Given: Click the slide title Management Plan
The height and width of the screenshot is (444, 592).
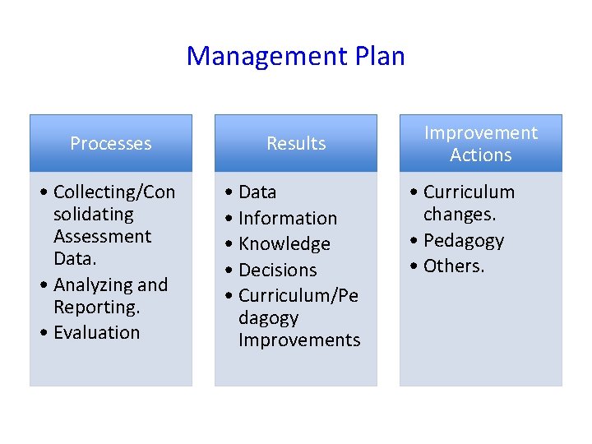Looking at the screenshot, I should pyautogui.click(x=295, y=56).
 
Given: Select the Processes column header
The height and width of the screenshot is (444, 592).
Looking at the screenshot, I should pyautogui.click(x=111, y=143).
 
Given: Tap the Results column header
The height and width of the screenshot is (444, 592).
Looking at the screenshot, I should pyautogui.click(x=296, y=143).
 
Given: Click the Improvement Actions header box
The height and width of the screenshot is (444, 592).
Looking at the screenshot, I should pyautogui.click(x=481, y=143).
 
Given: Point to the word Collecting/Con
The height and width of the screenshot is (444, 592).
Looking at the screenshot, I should pyautogui.click(x=113, y=192).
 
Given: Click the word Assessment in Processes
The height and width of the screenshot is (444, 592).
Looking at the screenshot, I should pyautogui.click(x=102, y=237).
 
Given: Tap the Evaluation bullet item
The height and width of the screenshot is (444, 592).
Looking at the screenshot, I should pyautogui.click(x=96, y=333).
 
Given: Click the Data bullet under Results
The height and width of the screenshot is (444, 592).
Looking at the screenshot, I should pyautogui.click(x=257, y=192).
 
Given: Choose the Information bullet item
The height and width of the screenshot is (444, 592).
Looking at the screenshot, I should pyautogui.click(x=287, y=219).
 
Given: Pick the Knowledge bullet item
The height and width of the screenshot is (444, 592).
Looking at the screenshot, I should pyautogui.click(x=284, y=244).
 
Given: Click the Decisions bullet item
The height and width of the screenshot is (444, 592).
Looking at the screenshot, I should pyautogui.click(x=277, y=271).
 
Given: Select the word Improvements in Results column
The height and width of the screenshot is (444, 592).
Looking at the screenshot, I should pyautogui.click(x=299, y=340).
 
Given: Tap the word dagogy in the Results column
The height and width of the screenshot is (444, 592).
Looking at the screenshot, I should pyautogui.click(x=268, y=318).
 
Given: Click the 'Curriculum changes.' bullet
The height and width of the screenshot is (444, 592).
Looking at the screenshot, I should pyautogui.click(x=469, y=203).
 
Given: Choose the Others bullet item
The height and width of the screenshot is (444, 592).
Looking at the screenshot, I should pyautogui.click(x=454, y=266).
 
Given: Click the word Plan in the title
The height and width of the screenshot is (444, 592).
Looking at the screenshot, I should pyautogui.click(x=379, y=56).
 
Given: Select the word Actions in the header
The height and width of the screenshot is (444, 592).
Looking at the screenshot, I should pyautogui.click(x=481, y=155).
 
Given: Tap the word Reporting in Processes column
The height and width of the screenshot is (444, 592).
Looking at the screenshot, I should pyautogui.click(x=96, y=308).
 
